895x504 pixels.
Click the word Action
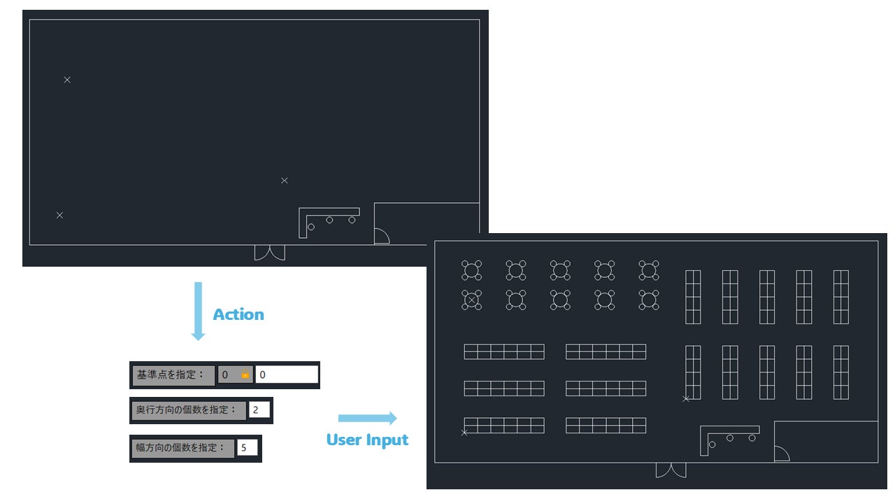tap(238, 315)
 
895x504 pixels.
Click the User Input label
tap(367, 440)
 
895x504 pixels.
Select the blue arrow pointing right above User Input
tap(367, 419)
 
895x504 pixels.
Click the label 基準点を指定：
tap(172, 375)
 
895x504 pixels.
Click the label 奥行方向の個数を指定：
tap(188, 409)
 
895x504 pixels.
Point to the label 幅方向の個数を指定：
tap(182, 447)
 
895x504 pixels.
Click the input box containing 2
tap(259, 409)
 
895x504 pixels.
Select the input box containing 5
tap(247, 447)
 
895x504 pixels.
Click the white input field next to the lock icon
tap(287, 375)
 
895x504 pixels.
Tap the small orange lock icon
tap(245, 375)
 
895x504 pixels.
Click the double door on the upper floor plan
tap(269, 252)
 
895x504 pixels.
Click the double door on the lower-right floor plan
tap(671, 470)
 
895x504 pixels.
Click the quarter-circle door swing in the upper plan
tap(382, 236)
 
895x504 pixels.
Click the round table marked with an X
tap(472, 300)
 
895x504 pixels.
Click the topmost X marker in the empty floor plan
tap(67, 80)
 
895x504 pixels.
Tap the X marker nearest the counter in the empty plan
tap(285, 181)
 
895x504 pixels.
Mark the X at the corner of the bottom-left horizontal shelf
tap(464, 433)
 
